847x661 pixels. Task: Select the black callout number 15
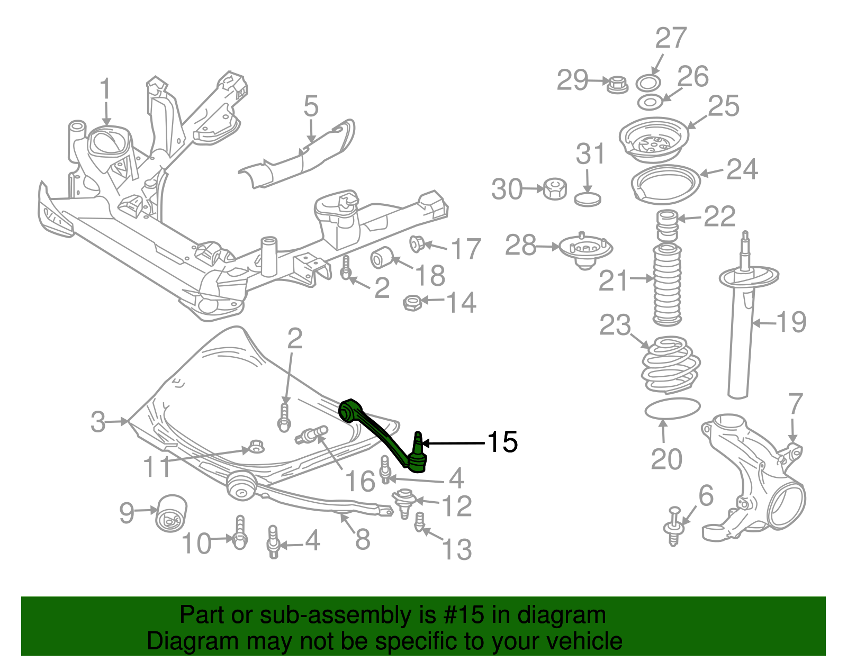click(x=502, y=442)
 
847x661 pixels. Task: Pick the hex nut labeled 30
click(x=554, y=188)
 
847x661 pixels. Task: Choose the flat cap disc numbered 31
click(x=588, y=200)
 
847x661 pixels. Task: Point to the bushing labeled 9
click(x=170, y=512)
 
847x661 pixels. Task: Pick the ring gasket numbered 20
click(x=672, y=408)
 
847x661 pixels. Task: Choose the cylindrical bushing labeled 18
click(x=381, y=257)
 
